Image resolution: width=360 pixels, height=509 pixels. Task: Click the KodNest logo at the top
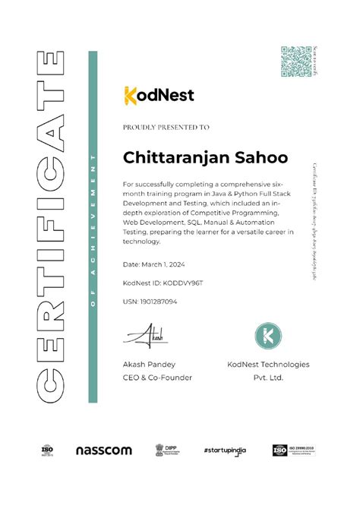[159, 94]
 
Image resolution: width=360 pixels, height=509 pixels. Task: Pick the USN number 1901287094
[150, 302]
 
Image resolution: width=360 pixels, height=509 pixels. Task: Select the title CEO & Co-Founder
[157, 378]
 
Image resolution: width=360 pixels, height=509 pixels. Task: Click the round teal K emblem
[268, 334]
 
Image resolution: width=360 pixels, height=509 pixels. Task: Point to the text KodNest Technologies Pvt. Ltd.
[268, 371]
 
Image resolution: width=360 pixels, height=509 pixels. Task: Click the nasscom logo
[104, 451]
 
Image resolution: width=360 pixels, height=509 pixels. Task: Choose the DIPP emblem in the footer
[164, 451]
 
